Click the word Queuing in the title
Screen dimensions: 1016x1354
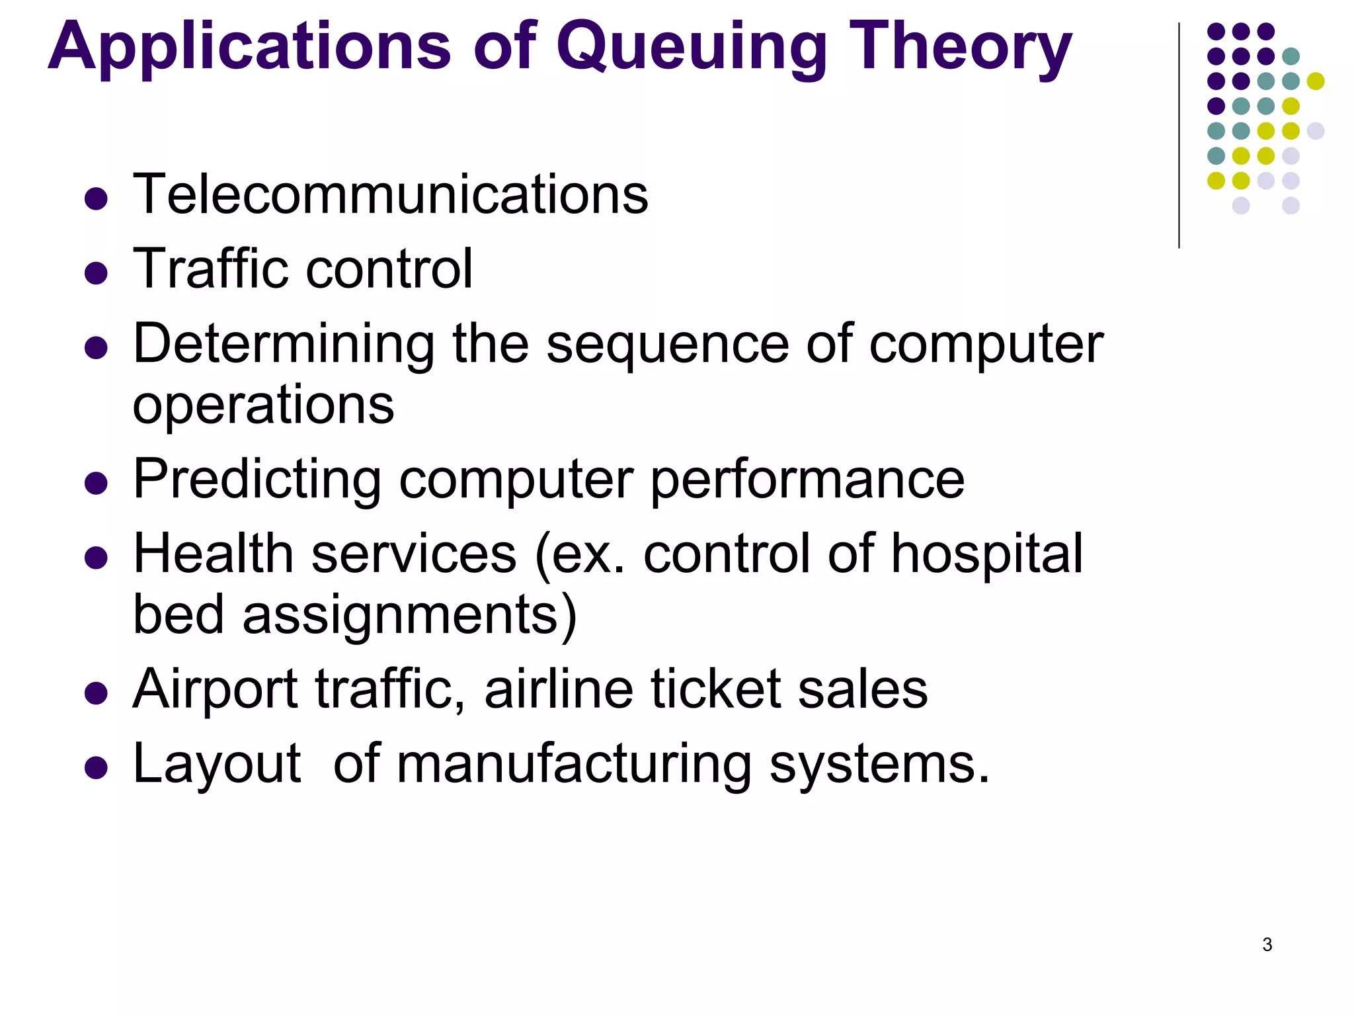tap(691, 48)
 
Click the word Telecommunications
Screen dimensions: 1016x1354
tap(390, 194)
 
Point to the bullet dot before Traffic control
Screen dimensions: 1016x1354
tap(97, 273)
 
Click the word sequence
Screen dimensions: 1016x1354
tap(667, 345)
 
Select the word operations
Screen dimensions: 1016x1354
tap(263, 405)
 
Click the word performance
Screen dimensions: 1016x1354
tap(807, 481)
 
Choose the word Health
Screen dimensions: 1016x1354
tap(213, 554)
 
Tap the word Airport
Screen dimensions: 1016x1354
tap(216, 690)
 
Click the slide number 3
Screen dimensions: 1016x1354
tap(1267, 945)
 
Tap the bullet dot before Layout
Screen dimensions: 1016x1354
tap(97, 768)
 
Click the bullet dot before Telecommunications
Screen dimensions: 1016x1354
tap(97, 198)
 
